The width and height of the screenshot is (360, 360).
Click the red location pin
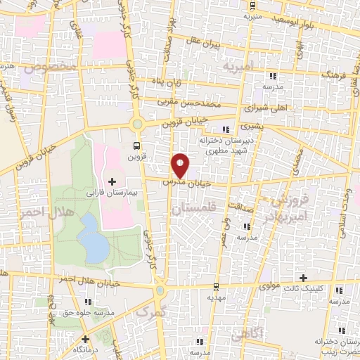click(181, 165)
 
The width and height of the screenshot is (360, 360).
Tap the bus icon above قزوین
click(137, 146)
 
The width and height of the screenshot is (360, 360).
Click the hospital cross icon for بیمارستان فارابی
click(112, 182)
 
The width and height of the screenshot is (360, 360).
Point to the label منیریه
click(252, 14)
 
